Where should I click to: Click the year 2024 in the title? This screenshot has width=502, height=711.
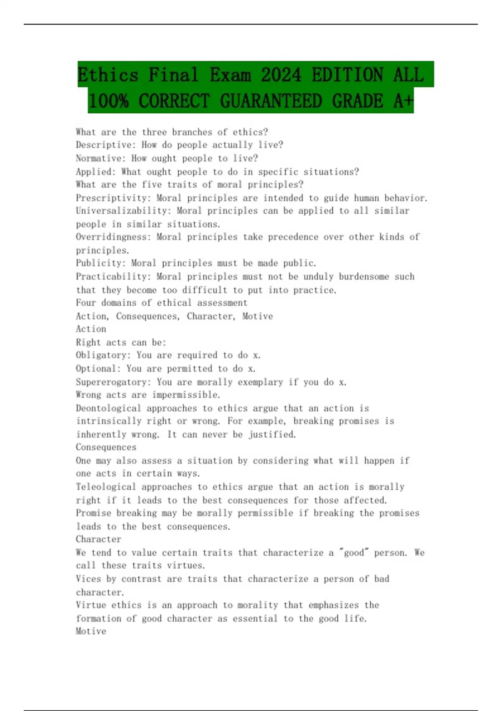281,75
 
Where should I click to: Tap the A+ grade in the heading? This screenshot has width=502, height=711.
403,101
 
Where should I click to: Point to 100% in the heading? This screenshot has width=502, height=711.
108,101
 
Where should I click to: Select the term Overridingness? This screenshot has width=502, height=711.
113,237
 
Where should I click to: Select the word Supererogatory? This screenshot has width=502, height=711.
113,382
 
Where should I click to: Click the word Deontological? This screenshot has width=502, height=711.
108,408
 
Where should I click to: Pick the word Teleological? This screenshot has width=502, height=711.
106,487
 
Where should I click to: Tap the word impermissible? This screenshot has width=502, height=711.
186,395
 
